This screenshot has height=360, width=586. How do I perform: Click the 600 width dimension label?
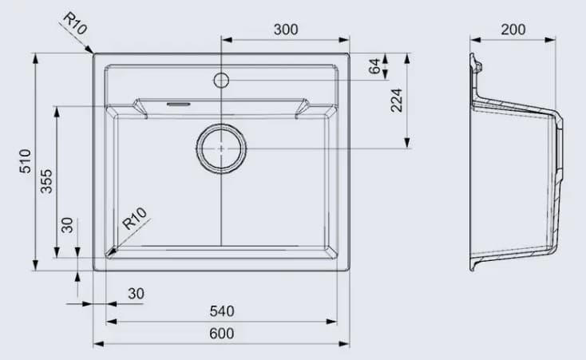221,334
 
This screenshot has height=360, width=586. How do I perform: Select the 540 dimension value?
221,311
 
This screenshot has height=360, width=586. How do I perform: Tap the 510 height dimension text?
25,161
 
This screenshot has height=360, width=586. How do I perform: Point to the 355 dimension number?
46,181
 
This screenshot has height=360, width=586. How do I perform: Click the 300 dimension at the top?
285,30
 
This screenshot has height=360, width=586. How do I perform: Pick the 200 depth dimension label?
513,30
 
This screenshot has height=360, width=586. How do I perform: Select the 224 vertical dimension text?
397,100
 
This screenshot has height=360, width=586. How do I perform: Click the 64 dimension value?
374,66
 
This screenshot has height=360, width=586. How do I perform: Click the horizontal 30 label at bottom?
136,294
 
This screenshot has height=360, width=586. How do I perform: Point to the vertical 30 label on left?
68,225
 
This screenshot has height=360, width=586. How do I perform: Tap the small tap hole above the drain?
221,80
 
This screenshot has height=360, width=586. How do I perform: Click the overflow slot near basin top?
176,104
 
